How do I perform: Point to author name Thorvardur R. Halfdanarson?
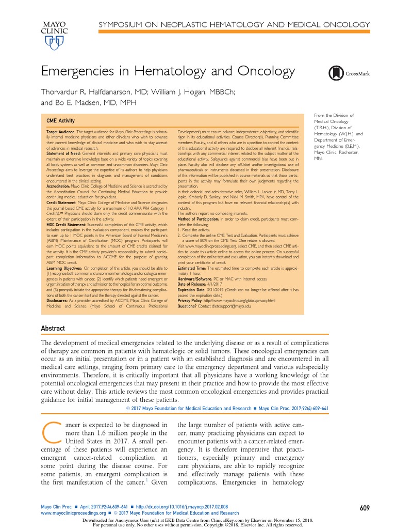[x=95, y=92]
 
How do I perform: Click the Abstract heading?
[x=53, y=328]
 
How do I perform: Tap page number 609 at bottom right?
[x=365, y=508]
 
